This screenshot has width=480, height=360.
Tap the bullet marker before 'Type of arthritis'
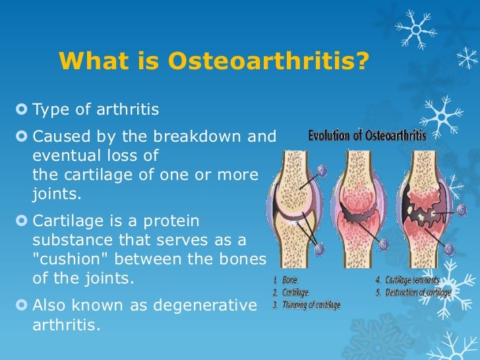(24, 109)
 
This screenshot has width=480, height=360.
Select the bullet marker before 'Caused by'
(24, 137)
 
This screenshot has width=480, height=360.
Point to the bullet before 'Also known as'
(24, 306)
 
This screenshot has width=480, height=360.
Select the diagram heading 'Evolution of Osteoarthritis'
(367, 136)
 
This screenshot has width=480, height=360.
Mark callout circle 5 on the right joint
(450, 249)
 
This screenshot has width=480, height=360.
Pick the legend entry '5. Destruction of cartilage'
(413, 291)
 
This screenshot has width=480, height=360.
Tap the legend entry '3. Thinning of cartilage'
(306, 304)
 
